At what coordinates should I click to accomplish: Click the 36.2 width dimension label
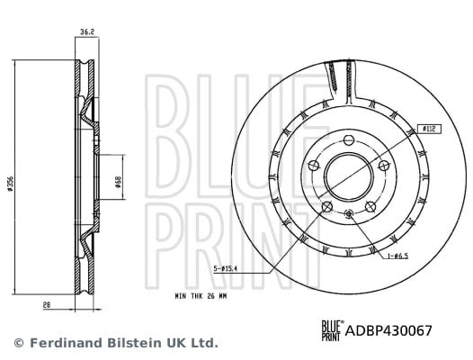click(x=87, y=31)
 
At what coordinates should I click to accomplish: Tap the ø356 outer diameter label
click(x=10, y=183)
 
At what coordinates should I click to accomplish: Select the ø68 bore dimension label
click(x=119, y=182)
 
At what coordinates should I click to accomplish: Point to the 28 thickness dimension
click(x=47, y=305)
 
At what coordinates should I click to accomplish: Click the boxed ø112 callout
click(x=429, y=130)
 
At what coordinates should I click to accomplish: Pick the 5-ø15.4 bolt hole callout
click(x=226, y=268)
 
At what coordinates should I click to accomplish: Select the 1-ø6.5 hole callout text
click(x=397, y=256)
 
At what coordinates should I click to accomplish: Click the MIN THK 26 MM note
click(x=201, y=297)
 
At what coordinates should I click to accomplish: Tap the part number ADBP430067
click(x=388, y=330)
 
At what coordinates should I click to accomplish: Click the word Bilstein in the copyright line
click(x=135, y=343)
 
